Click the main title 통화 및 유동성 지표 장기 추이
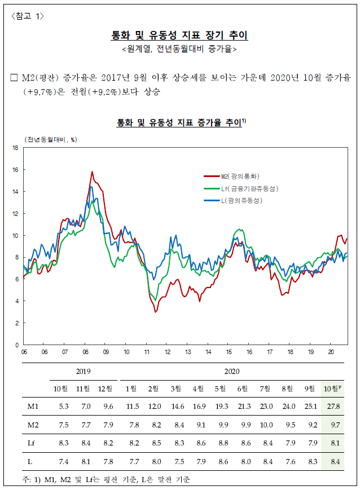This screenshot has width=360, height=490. [x=179, y=35]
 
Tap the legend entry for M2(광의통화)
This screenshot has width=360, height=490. [x=231, y=176]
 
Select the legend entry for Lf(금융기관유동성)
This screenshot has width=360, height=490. [x=241, y=188]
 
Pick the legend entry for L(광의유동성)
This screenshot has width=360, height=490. [x=233, y=200]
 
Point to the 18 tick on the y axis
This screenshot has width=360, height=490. [x=15, y=148]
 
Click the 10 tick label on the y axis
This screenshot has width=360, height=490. [x=15, y=236]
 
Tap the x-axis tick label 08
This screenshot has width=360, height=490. [x=85, y=352]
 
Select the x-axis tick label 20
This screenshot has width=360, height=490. [x=331, y=352]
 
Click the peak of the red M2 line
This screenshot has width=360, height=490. [x=92, y=171]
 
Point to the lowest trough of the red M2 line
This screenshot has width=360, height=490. [x=155, y=312]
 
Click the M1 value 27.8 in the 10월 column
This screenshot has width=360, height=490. [x=333, y=406]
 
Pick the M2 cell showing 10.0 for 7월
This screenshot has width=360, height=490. [x=266, y=425]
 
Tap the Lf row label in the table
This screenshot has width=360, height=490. [x=31, y=443]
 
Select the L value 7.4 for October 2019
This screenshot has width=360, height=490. [x=64, y=462]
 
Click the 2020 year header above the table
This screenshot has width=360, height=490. [x=232, y=371]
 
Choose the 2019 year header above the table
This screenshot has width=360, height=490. [x=83, y=371]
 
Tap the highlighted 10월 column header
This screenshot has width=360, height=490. [x=332, y=389]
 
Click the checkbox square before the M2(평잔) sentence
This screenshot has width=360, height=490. [x=14, y=77]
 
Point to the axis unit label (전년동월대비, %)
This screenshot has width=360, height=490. [x=51, y=139]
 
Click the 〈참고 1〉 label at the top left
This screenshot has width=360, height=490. [x=28, y=16]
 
